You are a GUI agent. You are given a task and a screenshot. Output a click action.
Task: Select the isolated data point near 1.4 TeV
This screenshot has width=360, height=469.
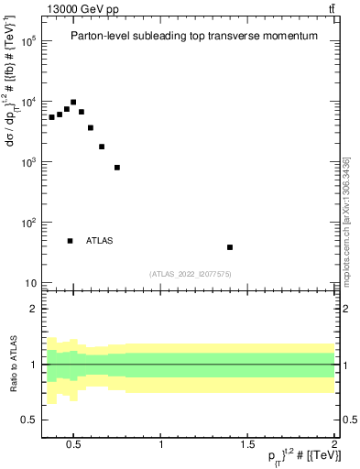click(x=230, y=247)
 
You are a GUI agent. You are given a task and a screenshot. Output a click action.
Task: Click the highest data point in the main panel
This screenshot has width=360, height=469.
click(x=73, y=103)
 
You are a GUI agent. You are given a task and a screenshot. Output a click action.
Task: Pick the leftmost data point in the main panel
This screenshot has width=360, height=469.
click(x=52, y=117)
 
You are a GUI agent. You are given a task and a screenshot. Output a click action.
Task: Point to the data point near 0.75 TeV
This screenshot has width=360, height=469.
click(x=117, y=168)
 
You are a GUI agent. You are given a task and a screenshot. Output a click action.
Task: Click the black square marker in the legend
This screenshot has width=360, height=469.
click(x=70, y=241)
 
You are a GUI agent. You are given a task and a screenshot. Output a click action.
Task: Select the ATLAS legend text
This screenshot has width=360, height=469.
click(x=100, y=241)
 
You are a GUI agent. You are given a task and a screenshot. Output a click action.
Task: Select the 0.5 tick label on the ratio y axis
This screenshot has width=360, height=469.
click(x=29, y=420)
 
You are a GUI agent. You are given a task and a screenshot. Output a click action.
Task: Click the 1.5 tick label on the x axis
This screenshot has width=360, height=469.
click(x=247, y=445)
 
